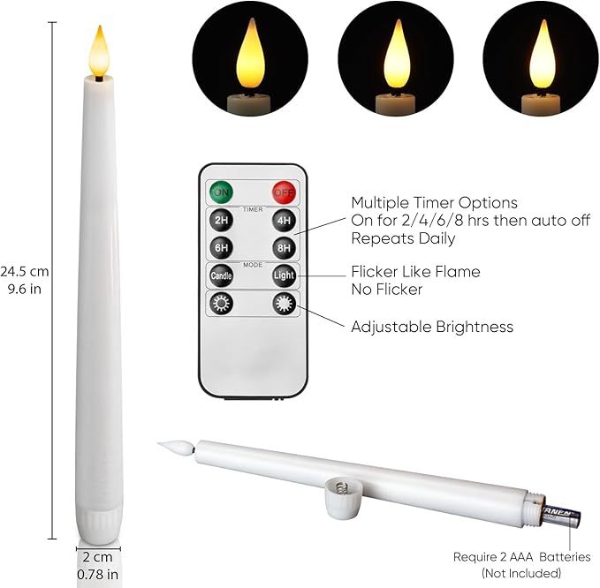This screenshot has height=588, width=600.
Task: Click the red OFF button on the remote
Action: (x=283, y=191)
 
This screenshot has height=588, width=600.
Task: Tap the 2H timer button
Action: (x=221, y=220)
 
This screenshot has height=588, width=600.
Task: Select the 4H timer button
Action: (x=283, y=220)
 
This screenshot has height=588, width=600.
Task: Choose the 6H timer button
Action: (x=221, y=248)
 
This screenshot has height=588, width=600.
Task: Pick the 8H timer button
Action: (x=283, y=248)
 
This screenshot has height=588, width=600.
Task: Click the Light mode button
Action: (x=283, y=275)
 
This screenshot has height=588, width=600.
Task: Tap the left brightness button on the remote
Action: (x=221, y=304)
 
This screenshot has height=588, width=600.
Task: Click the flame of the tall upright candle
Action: (x=98, y=51)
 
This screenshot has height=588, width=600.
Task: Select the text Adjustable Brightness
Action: (x=431, y=327)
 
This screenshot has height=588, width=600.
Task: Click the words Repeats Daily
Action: (x=403, y=237)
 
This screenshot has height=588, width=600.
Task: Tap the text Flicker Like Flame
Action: (x=415, y=272)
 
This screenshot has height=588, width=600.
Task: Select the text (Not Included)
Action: (x=521, y=573)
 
